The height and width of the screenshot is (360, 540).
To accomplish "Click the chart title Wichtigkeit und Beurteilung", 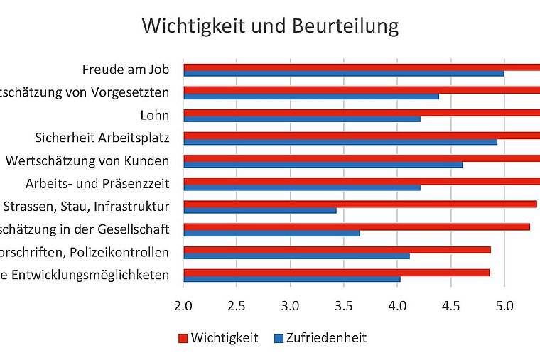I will pos(270,26).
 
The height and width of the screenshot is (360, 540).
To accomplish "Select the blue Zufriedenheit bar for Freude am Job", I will pos(343,73).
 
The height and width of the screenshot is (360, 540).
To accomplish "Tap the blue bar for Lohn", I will pos(301,119).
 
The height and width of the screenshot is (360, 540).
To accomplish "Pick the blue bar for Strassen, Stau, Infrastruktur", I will pos(259,210).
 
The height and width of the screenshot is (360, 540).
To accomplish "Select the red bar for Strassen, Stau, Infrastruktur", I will pos(360,204).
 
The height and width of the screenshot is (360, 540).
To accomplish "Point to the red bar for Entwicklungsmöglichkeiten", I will pos(336,272).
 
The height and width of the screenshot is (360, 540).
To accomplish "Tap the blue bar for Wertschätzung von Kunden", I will pos(323,165).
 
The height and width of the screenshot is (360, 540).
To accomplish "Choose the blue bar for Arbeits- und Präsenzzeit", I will pos(301,187).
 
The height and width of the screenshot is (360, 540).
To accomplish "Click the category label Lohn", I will pos(155,115).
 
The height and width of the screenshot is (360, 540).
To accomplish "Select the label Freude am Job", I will pos(126,70).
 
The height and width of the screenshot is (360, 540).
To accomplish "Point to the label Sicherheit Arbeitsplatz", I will pos(102,138).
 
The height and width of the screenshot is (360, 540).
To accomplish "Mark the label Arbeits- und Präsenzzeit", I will pos(97,184).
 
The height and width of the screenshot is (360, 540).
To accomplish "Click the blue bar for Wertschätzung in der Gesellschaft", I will pos(271,233).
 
